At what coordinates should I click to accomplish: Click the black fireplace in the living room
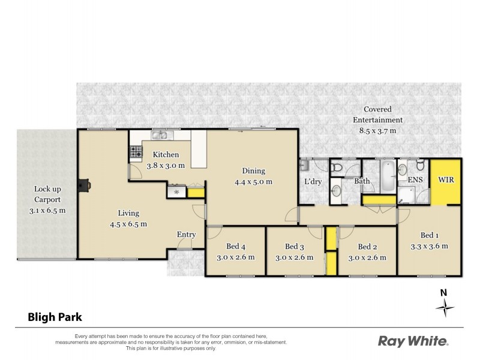[x=86, y=186]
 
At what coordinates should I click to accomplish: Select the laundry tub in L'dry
[x=305, y=164]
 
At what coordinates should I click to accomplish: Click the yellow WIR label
[x=446, y=179]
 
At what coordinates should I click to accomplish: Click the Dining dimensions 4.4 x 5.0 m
[x=257, y=181]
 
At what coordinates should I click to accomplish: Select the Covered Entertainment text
[x=377, y=115]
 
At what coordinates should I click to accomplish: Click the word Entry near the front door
[x=186, y=235]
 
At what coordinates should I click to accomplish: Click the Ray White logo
[x=413, y=341]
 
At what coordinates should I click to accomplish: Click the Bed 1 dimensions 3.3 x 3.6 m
[x=429, y=246]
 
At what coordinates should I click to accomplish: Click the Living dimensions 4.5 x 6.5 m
[x=128, y=224]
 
